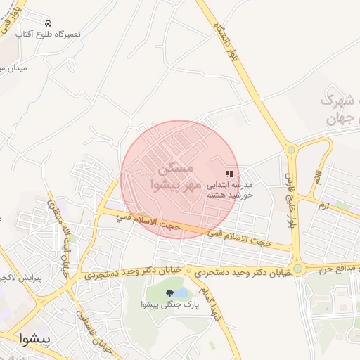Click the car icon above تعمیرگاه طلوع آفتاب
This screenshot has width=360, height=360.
click(x=48, y=23)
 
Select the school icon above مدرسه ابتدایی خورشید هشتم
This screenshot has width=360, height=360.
click(x=229, y=173)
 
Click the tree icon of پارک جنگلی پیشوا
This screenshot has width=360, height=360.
click(x=169, y=293)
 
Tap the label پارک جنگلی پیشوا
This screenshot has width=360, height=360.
click(x=170, y=305)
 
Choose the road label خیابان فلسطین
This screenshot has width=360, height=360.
click(x=95, y=331)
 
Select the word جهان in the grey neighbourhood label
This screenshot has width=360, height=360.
click(x=342, y=120)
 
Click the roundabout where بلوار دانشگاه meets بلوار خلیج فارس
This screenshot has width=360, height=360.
click(x=291, y=149)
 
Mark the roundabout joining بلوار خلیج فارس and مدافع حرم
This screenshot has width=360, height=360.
click(x=298, y=268)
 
